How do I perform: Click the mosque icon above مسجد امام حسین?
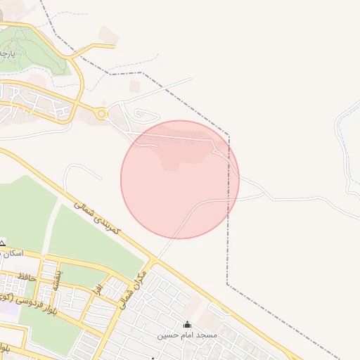tap(187, 324)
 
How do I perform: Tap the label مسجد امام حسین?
tap(188, 335)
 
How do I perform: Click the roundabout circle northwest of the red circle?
tap(103, 112)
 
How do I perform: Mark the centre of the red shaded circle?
tap(180, 179)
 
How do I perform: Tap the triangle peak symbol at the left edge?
tap(2, 243)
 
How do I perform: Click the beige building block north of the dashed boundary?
tap(108, 34)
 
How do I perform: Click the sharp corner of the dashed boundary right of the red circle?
tap(229, 134)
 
